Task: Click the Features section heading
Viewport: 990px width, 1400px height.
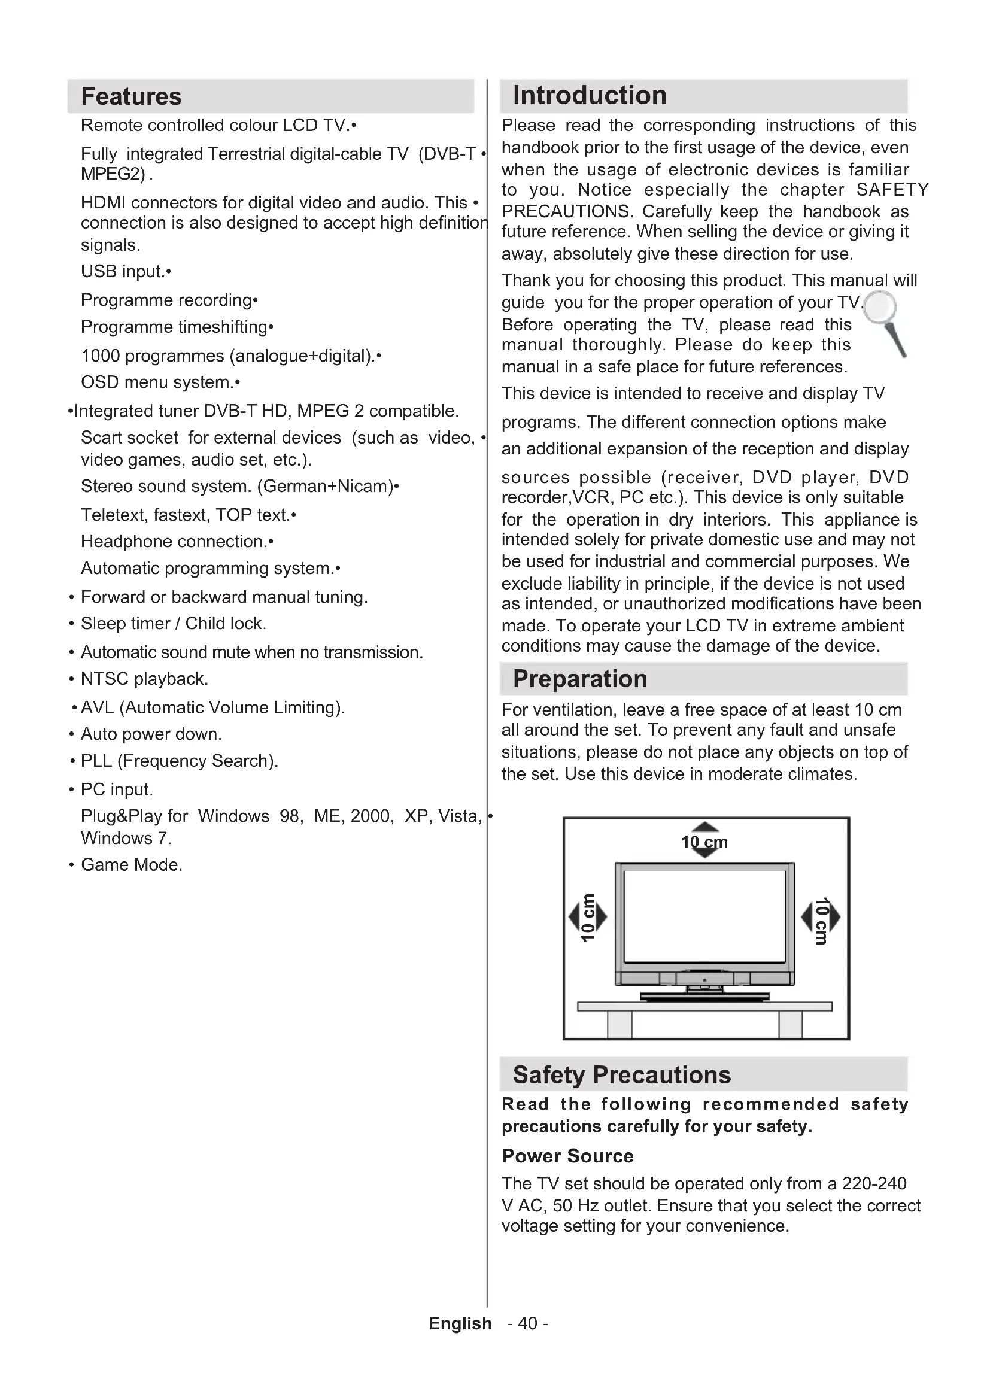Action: click(x=131, y=96)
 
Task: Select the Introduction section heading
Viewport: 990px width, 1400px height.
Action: click(x=589, y=96)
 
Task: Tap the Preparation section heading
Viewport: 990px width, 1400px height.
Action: click(x=579, y=679)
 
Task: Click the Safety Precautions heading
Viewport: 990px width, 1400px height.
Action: click(x=621, y=1075)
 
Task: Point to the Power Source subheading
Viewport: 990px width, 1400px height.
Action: click(x=567, y=1155)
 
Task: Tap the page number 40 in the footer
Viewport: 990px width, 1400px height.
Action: click(x=527, y=1323)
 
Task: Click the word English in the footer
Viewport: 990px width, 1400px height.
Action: click(x=460, y=1323)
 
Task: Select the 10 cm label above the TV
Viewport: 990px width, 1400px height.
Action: click(x=704, y=842)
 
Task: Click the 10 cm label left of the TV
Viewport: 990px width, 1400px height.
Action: click(x=587, y=916)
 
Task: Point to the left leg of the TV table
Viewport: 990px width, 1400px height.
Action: click(x=619, y=1024)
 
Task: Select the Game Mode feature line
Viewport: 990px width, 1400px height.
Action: click(x=132, y=865)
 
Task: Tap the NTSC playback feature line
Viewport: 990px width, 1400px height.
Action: click(x=144, y=679)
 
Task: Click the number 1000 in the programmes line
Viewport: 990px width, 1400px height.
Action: click(x=102, y=356)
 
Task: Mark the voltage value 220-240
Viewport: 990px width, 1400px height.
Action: click(x=873, y=1183)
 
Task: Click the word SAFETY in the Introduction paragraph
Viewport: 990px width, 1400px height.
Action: click(x=892, y=190)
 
